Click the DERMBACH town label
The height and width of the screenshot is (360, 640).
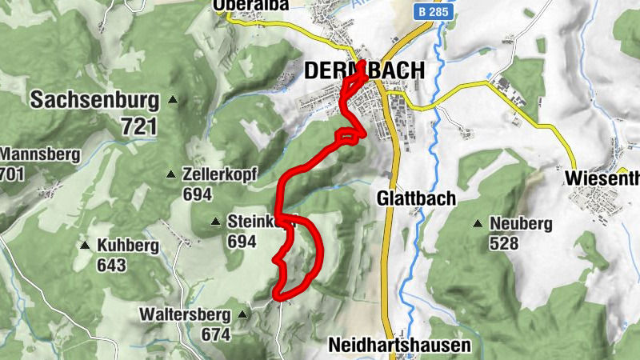pos(364,71)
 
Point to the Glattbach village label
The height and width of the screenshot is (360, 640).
pos(416,198)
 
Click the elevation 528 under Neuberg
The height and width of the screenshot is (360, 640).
pos(502,243)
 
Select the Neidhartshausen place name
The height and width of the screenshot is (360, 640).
pos(400,346)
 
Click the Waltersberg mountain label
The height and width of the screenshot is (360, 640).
pos(185,314)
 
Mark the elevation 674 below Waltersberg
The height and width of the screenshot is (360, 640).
pos(216,334)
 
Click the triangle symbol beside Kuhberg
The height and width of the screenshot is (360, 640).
pos(84,245)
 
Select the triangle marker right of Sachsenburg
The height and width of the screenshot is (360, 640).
pos(174,101)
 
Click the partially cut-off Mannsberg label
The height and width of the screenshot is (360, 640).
pos(39,154)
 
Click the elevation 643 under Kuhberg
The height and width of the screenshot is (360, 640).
pos(112,265)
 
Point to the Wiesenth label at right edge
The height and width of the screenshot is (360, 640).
pos(602,177)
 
